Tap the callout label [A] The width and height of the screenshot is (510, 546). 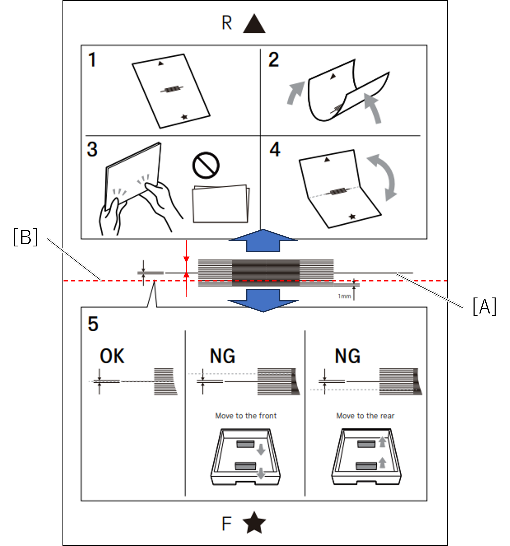coord(484,308)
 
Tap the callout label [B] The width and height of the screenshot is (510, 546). coord(26,238)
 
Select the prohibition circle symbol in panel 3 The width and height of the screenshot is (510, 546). coord(206,165)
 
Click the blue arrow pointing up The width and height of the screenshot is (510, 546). coord(263,241)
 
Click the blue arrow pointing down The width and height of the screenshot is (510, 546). coord(263,300)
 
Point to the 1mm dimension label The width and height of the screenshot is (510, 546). coord(344,296)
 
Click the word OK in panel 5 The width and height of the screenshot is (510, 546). coord(112,356)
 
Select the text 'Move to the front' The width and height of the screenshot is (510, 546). coord(246,416)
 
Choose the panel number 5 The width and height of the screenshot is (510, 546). coord(93,324)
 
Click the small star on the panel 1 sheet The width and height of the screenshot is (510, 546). coord(184,117)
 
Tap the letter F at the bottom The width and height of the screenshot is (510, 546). coord(227,524)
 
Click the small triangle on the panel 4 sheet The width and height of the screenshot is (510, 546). coord(327,159)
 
